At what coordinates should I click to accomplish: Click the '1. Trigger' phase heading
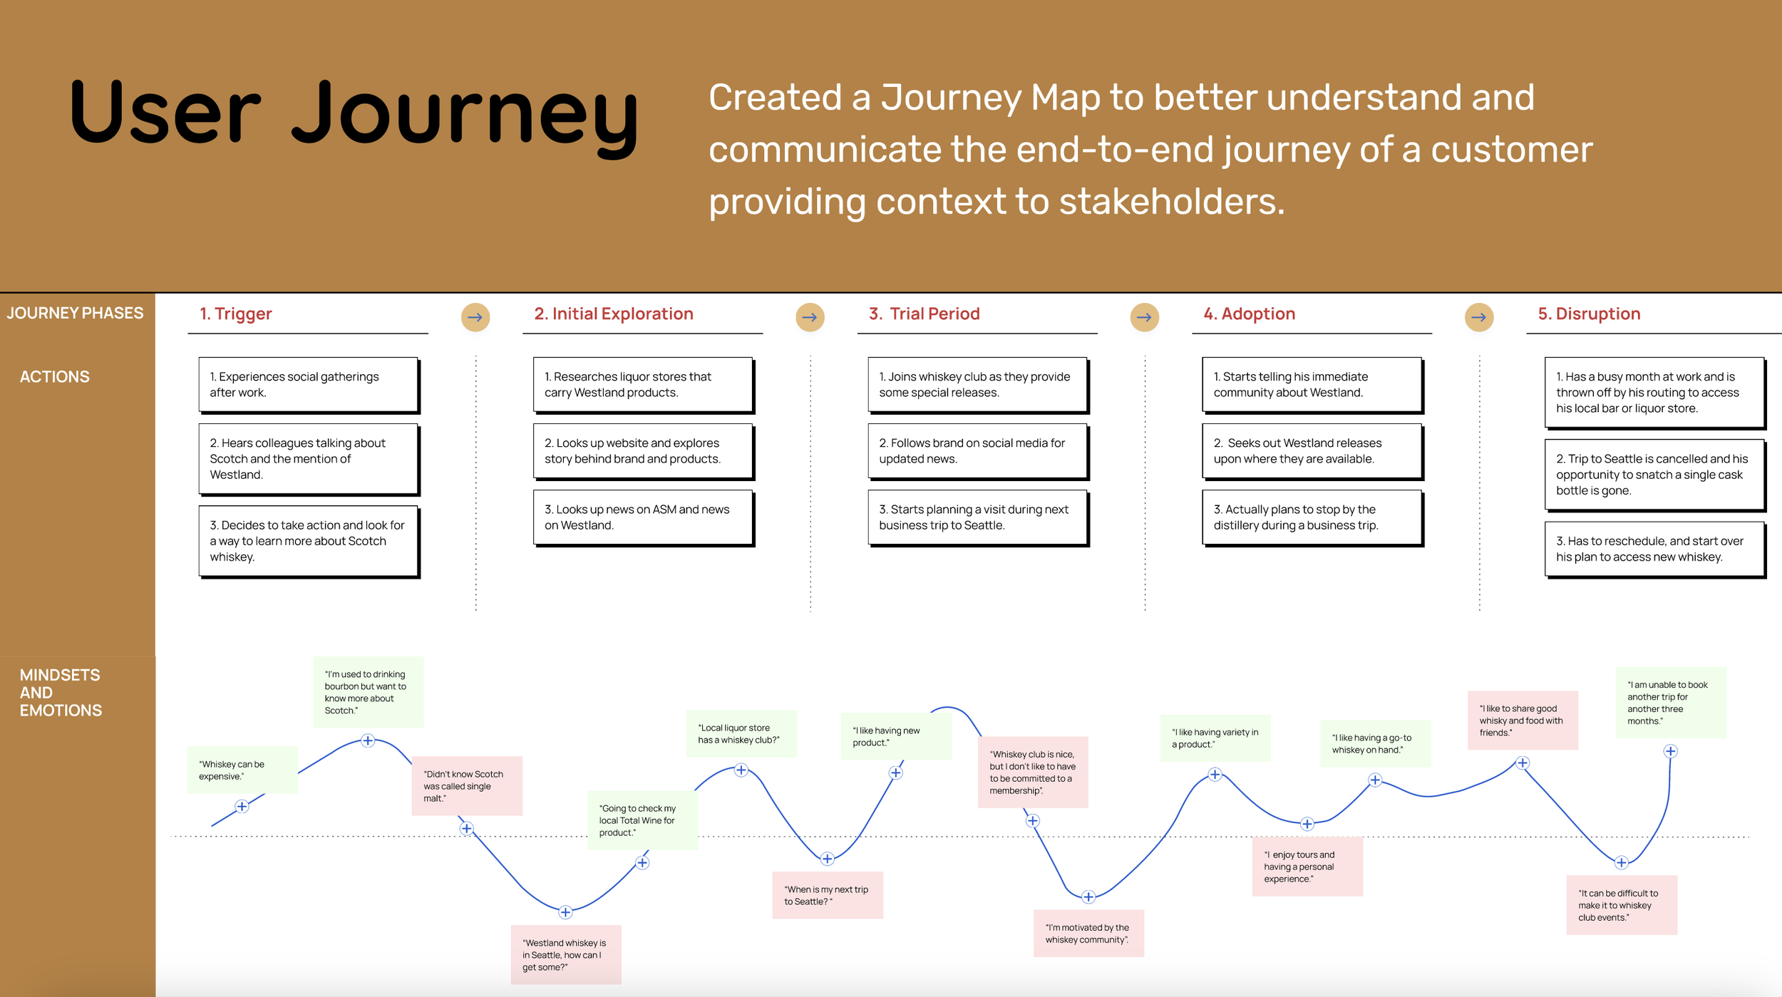[235, 314]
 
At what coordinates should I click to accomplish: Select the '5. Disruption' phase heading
[1588, 314]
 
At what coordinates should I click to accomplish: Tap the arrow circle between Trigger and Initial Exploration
[475, 317]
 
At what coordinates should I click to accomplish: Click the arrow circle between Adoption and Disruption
[1478, 317]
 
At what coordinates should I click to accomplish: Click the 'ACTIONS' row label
[55, 377]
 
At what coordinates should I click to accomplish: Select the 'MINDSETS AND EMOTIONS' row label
[61, 693]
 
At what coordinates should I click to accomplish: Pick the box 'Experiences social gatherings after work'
[308, 385]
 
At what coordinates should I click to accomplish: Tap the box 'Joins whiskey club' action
[977, 385]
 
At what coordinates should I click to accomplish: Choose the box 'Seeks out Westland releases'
[1312, 451]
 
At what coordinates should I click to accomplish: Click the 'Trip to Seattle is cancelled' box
[1654, 475]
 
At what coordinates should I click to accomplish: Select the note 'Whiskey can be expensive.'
[242, 770]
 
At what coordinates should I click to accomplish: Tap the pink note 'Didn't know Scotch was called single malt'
[467, 786]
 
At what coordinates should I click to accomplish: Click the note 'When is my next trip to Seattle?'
[828, 895]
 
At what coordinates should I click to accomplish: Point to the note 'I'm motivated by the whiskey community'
[1088, 934]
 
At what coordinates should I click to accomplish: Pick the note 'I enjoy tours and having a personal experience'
[1307, 867]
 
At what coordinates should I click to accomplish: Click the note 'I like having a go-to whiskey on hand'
[1375, 743]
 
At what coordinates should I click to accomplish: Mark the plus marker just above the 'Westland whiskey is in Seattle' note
[565, 912]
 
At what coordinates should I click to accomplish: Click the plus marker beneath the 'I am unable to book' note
[1670, 751]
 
